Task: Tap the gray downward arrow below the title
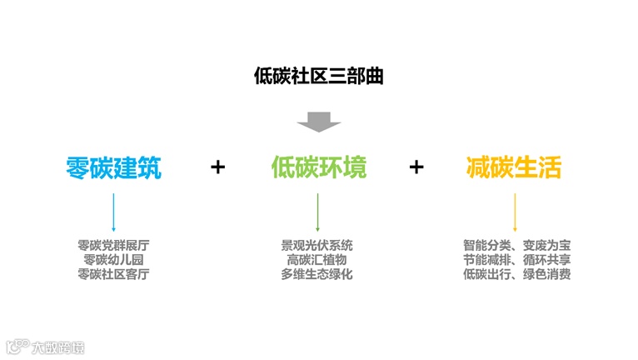point(319,122)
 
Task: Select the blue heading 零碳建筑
point(113,167)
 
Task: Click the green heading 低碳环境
point(319,167)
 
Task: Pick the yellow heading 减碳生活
point(514,167)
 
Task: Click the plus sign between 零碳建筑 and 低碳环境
point(217,167)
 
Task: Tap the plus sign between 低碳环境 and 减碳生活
point(416,167)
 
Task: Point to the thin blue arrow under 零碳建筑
point(113,212)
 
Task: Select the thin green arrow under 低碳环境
point(317,212)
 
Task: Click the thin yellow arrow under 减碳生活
point(515,212)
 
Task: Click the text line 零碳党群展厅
point(113,246)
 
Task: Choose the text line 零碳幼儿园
point(113,259)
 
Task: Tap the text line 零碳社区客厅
point(113,273)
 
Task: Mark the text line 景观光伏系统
point(317,246)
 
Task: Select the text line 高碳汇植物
point(317,259)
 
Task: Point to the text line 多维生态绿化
point(317,273)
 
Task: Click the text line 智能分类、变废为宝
point(516,246)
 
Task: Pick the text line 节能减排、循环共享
point(516,259)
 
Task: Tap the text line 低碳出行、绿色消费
point(516,273)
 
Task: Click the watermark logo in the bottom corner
point(45,345)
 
